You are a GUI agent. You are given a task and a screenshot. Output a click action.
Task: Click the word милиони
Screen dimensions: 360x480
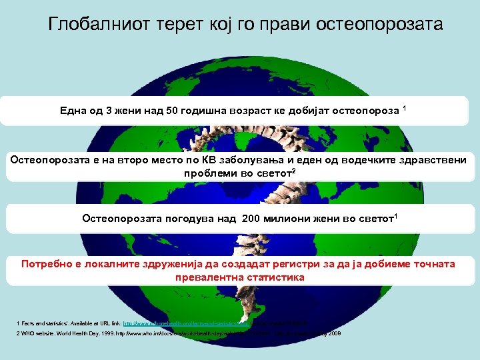[x=291, y=218]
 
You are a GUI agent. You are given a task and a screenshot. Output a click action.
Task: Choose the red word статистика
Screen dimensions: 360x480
[x=273, y=277]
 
